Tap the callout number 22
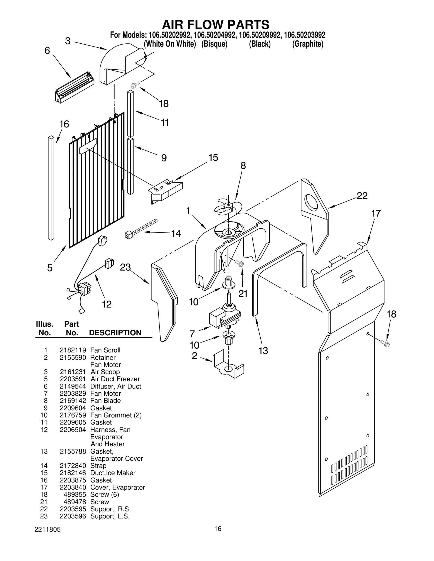(362, 196)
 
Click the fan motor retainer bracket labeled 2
(228, 364)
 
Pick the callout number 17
(376, 213)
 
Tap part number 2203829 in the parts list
(73, 393)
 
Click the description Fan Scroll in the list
(105, 350)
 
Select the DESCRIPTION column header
(115, 333)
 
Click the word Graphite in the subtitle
(308, 44)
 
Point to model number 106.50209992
(260, 35)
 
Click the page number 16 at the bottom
(218, 528)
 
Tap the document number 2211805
(47, 530)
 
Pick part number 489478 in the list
(75, 502)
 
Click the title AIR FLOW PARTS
(216, 25)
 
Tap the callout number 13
(263, 351)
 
